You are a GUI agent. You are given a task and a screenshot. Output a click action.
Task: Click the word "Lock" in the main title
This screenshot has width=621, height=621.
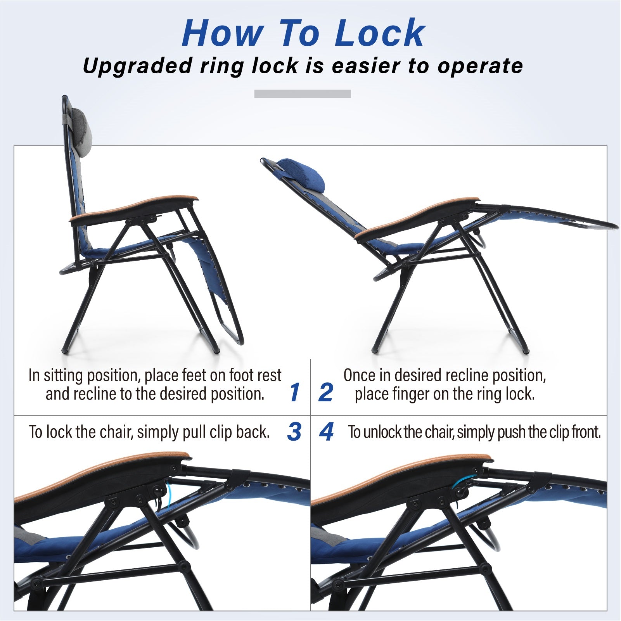377,33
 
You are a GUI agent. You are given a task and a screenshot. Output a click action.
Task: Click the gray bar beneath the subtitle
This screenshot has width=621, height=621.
303,94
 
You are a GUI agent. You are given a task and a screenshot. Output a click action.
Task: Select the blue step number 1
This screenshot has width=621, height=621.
295,392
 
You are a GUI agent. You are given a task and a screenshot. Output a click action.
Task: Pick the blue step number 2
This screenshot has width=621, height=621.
326,392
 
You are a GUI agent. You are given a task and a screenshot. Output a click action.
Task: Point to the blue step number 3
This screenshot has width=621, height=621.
294,431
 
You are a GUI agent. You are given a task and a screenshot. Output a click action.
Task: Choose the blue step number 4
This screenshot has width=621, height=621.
326,431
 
